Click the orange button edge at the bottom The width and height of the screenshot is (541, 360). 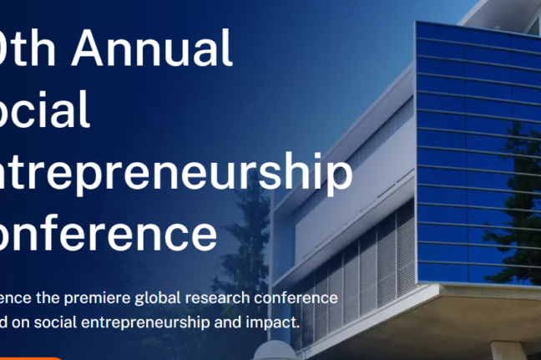33,357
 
